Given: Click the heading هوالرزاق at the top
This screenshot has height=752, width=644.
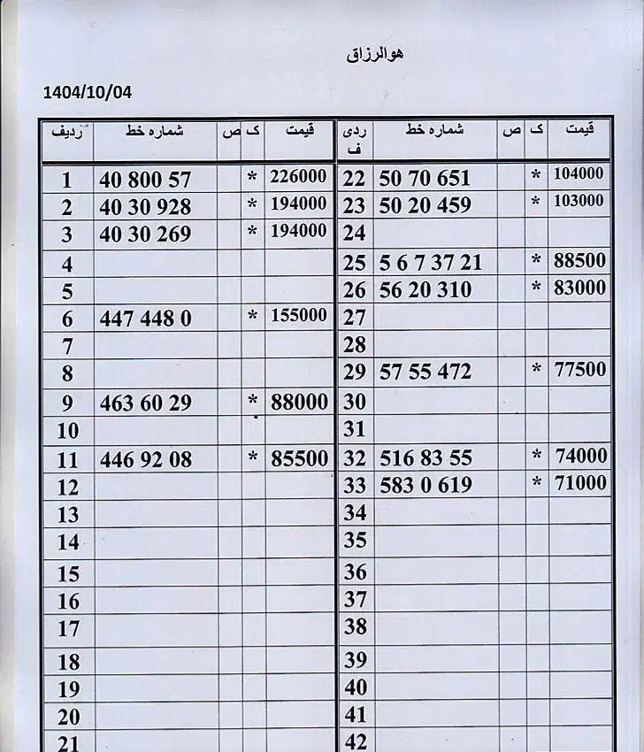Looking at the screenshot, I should click(x=375, y=55).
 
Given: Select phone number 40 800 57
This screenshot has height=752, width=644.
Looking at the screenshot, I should click(x=145, y=180).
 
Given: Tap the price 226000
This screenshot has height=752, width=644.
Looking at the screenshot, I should click(x=298, y=177).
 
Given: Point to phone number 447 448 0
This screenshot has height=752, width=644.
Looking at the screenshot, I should click(x=145, y=318).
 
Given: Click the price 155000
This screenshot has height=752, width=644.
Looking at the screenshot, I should click(x=298, y=316).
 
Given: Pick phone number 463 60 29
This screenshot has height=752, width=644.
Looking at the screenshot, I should click(x=145, y=403).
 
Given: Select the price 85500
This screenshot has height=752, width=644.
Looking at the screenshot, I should click(x=298, y=459).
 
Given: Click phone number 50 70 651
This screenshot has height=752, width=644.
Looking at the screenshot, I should click(x=425, y=178).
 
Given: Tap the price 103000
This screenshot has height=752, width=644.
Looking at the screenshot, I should click(x=579, y=201).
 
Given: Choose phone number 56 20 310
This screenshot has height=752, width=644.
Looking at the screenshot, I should click(x=425, y=290).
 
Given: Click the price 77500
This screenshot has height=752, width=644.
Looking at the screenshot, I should click(x=579, y=369).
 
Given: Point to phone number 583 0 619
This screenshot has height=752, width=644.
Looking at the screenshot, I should click(x=425, y=485).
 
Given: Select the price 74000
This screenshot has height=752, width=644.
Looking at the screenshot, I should click(x=579, y=457).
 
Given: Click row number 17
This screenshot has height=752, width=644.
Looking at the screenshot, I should click(x=68, y=629).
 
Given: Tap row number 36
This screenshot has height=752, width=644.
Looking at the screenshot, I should click(x=355, y=572).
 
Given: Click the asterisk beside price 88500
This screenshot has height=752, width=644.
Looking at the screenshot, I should click(x=535, y=262).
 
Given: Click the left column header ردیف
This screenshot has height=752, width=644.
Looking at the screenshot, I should click(x=67, y=133).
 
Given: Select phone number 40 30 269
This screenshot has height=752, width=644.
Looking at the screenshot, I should click(x=145, y=235).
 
